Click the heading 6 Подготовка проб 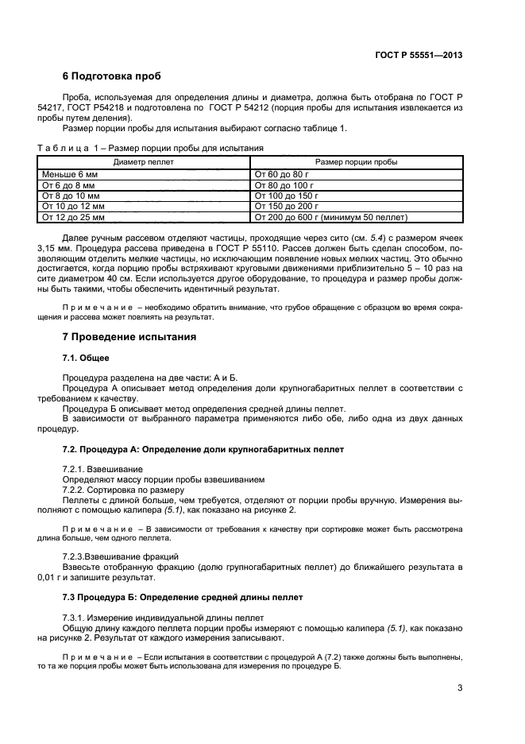[111, 77]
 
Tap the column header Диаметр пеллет [144, 161]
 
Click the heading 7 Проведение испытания [129, 336]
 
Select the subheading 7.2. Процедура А [203, 449]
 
